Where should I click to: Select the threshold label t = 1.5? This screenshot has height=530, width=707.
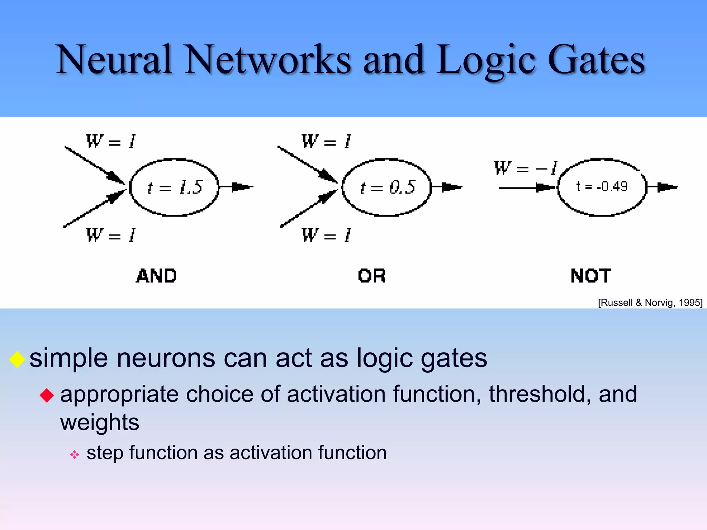[175, 187]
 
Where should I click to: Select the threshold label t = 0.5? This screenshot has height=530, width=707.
[387, 187]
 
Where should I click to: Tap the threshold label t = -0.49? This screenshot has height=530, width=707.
[602, 187]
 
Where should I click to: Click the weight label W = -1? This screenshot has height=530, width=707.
[525, 168]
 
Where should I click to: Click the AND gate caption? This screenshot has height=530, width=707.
[156, 276]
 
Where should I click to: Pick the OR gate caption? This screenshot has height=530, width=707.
[372, 276]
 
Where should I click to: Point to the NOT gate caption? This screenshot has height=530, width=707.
[591, 276]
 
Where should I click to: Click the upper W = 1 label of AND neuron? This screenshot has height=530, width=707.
[110, 141]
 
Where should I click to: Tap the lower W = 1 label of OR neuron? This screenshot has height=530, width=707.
[326, 235]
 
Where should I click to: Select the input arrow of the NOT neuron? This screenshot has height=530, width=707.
[526, 188]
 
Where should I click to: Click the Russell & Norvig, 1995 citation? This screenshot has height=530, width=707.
[650, 303]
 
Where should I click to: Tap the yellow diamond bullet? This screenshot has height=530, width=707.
[17, 359]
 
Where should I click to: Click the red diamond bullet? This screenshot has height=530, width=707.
[47, 395]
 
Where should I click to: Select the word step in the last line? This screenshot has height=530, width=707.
[105, 453]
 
